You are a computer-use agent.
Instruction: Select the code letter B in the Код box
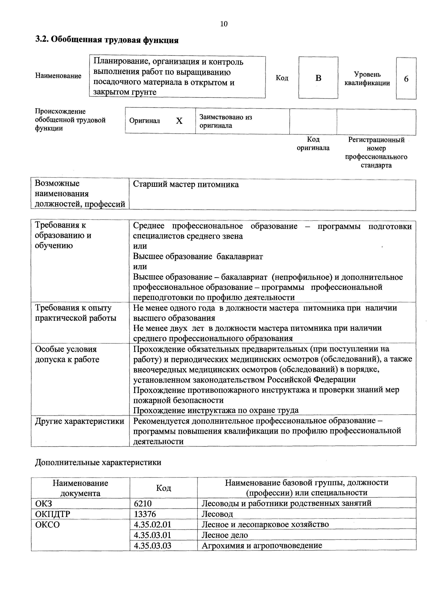click(x=318, y=78)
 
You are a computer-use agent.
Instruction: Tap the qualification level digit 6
click(x=406, y=79)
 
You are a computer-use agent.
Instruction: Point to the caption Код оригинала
click(x=313, y=144)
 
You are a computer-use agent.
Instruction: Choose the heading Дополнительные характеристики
click(x=98, y=462)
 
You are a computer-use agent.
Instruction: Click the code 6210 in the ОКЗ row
click(x=143, y=504)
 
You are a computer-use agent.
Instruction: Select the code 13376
click(x=145, y=514)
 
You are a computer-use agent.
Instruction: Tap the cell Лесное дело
click(x=225, y=535)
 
